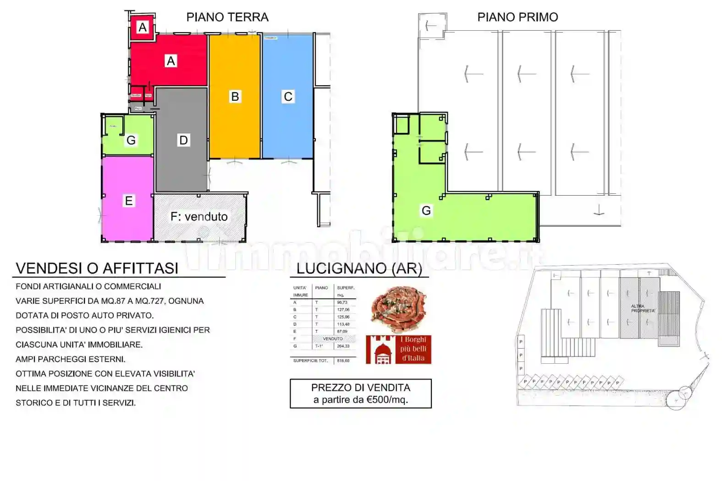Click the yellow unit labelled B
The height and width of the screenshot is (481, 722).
tap(235, 97)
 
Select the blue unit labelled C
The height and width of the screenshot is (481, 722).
tap(288, 97)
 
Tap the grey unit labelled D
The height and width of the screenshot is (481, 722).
tap(183, 140)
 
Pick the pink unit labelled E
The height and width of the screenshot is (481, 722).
tap(128, 201)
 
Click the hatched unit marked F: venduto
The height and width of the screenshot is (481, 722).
tap(199, 217)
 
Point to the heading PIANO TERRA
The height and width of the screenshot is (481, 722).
tap(227, 17)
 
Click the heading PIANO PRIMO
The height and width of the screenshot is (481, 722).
tap(518, 17)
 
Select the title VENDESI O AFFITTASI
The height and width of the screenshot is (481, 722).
tap(97, 268)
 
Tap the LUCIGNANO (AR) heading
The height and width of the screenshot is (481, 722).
tap(359, 268)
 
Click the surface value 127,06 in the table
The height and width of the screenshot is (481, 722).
tap(343, 310)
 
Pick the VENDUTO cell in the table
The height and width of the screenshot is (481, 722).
tap(333, 339)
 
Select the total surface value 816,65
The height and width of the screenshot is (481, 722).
tap(343, 361)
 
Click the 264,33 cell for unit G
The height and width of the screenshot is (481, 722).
tap(343, 346)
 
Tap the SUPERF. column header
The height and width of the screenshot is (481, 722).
tap(345, 288)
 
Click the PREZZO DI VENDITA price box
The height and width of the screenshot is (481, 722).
tap(360, 394)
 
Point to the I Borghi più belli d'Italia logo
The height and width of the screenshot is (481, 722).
tap(398, 350)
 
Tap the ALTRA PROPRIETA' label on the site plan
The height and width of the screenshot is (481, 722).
tap(643, 308)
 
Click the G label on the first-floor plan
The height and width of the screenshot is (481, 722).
tap(426, 211)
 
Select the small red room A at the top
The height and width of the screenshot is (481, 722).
tap(143, 27)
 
